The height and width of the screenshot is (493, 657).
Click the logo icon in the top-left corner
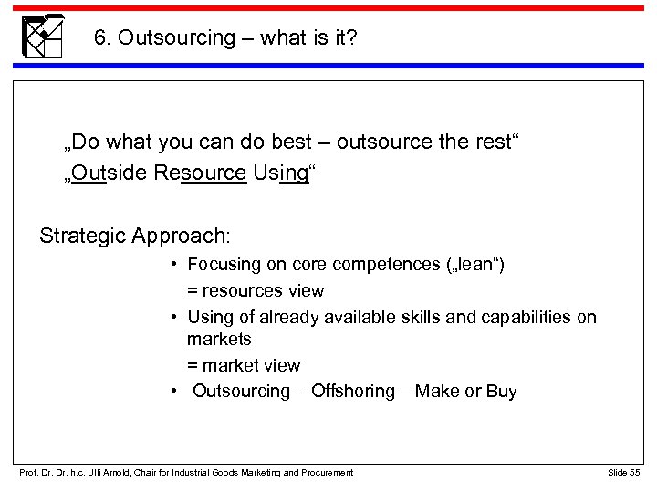pos(43,36)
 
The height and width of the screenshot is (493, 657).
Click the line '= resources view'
pos(255,291)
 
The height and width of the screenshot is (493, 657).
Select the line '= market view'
pos(244,366)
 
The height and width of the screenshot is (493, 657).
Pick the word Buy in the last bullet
pos(501,392)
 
